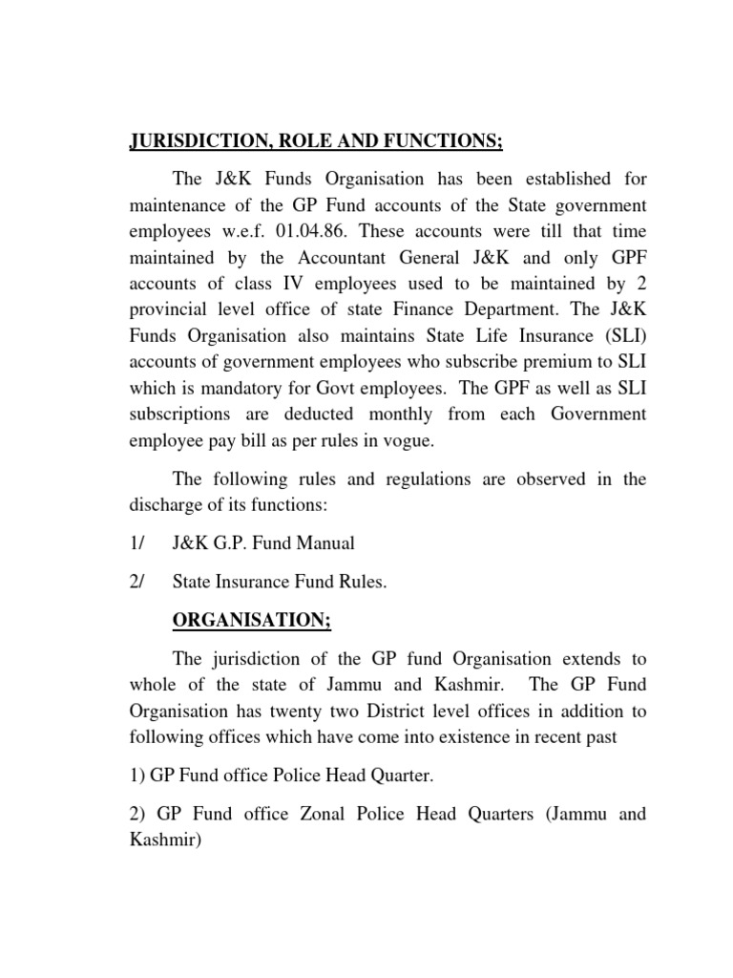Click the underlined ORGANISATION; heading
[251, 621]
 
